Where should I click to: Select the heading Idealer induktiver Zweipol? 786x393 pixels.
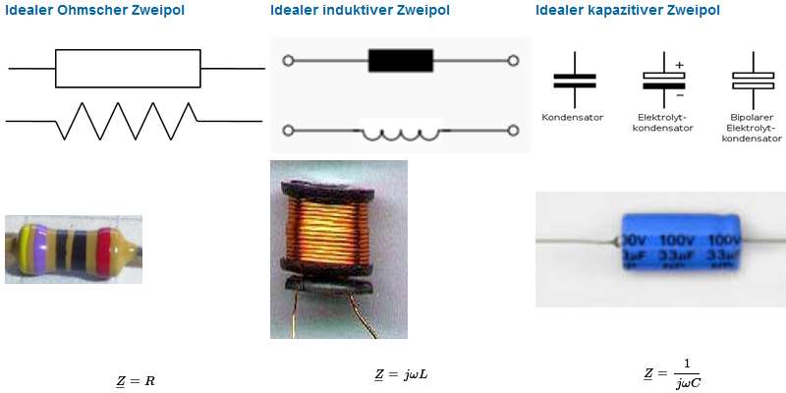point(360,11)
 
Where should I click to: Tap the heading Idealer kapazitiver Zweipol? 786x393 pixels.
point(628,11)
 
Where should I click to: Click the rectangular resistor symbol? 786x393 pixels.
point(128,69)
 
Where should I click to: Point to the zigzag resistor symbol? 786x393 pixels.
point(128,120)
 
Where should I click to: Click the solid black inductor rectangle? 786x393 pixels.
point(400,61)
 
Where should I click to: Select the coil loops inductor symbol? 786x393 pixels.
point(400,131)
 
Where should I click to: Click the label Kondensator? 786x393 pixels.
point(573,118)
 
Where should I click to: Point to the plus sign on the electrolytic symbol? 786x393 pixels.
point(679,65)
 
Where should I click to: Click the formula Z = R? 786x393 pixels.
point(136,379)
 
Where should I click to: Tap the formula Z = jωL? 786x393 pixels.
point(401,374)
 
